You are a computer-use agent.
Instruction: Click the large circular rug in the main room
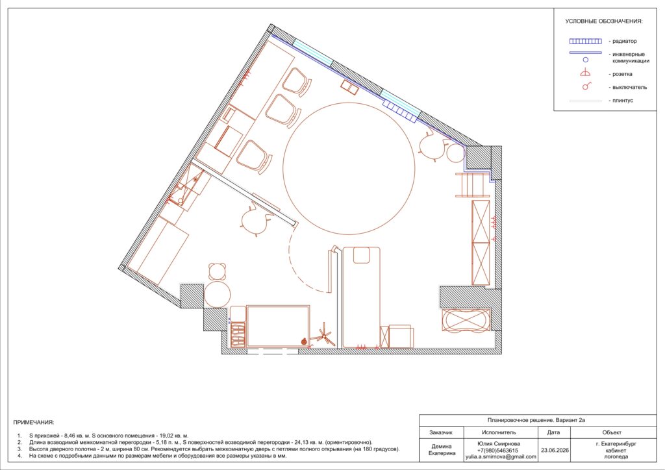pos(349,102)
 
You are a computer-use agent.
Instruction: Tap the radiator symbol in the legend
pos(585,41)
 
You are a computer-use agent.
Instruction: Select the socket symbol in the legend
pos(586,73)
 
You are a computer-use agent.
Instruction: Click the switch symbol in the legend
pos(586,86)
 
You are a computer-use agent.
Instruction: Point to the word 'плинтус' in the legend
pos(623,101)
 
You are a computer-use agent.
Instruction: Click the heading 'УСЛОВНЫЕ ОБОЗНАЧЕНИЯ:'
pos(603,21)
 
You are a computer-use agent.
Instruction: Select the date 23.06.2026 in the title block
pos(555,451)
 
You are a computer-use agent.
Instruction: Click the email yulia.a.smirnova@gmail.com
pos(501,457)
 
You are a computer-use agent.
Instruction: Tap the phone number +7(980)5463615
pos(501,451)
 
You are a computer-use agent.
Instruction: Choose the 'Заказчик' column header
pos(441,433)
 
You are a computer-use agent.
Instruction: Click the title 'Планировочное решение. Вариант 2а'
pos(536,420)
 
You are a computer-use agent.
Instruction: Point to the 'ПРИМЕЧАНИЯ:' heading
pos(34,423)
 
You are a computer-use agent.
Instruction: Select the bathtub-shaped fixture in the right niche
pos(466,321)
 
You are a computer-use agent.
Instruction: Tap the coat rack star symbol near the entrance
pos(324,336)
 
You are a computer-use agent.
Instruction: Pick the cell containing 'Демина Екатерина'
pos(441,450)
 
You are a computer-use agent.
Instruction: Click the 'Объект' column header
pos(612,433)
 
